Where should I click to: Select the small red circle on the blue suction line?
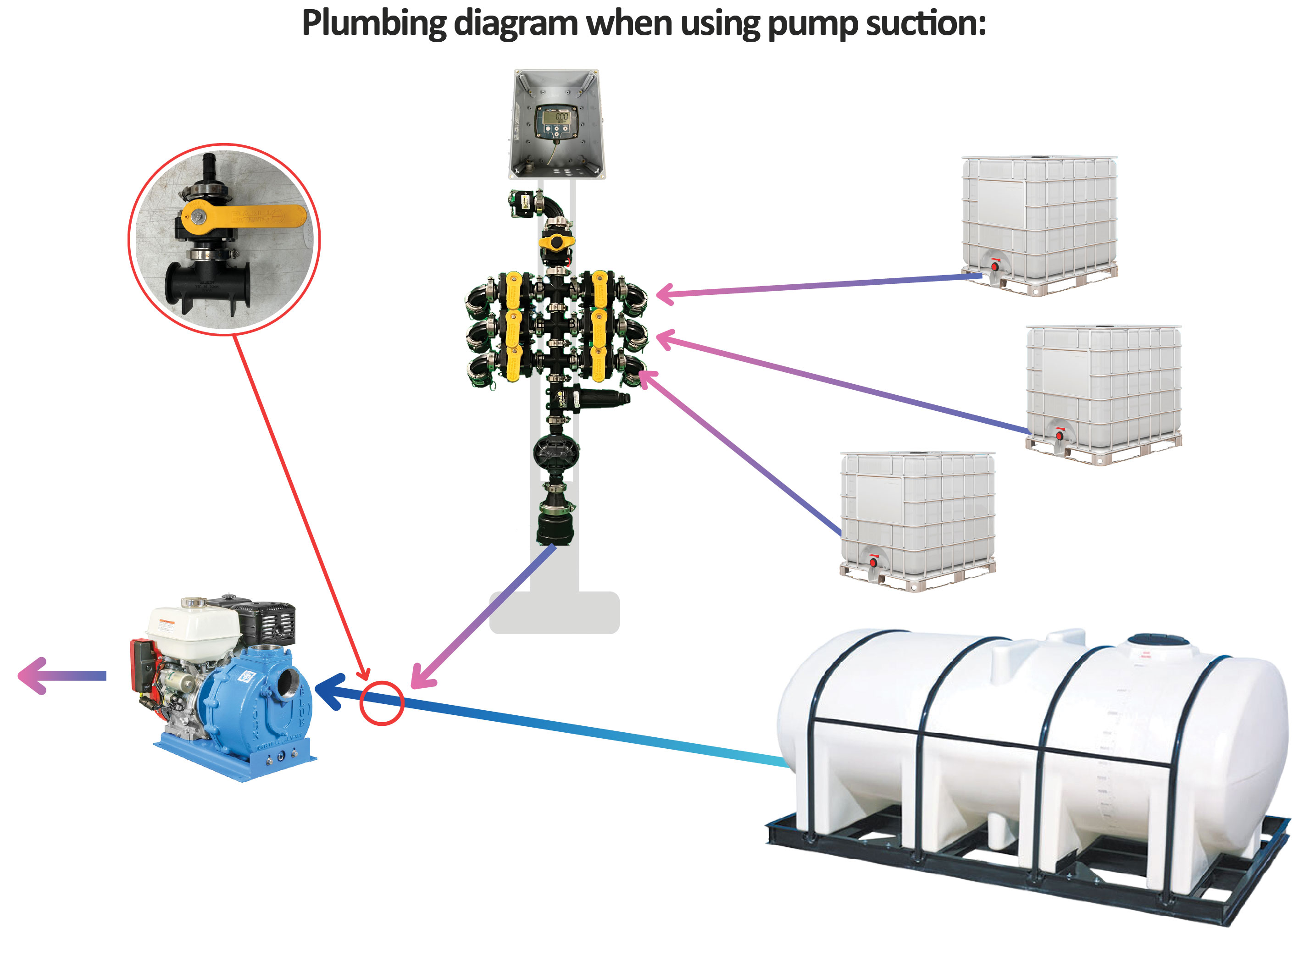click(381, 703)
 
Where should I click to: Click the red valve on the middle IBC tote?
click(1060, 435)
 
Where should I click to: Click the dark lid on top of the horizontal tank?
click(1158, 641)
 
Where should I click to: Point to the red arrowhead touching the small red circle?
click(363, 674)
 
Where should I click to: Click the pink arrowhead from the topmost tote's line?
click(666, 294)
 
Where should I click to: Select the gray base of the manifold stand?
click(554, 613)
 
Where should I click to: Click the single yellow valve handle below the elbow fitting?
click(556, 241)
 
